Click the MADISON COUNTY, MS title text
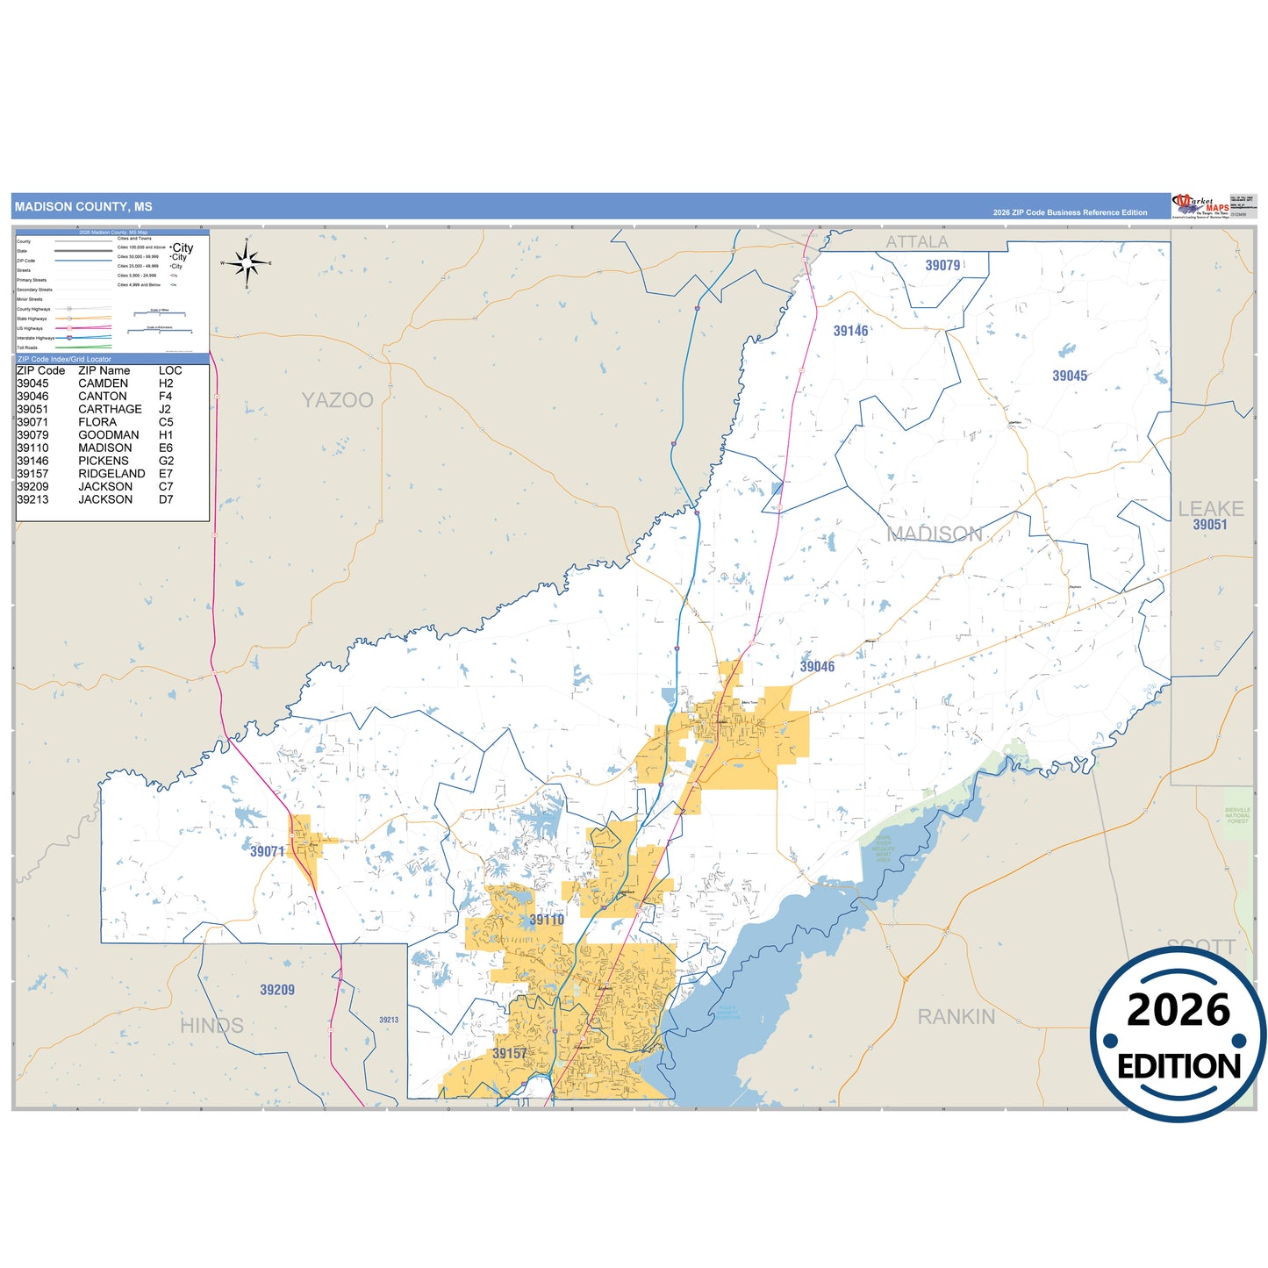point(83,207)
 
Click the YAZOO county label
point(337,400)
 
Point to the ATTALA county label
point(916,242)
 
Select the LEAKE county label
point(1210,509)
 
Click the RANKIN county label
point(956,1016)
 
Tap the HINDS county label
point(211,1025)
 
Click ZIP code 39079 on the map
point(942,265)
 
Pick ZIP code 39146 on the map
point(850,331)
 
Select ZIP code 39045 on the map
point(1070,376)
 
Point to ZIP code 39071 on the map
point(267,851)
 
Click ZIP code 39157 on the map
point(509,1053)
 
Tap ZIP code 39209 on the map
point(277,990)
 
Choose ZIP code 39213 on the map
point(389,1020)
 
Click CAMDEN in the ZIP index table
point(103,383)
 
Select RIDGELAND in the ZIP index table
point(111,474)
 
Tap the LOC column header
point(170,370)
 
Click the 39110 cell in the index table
point(32,448)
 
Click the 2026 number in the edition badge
point(1178,1010)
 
